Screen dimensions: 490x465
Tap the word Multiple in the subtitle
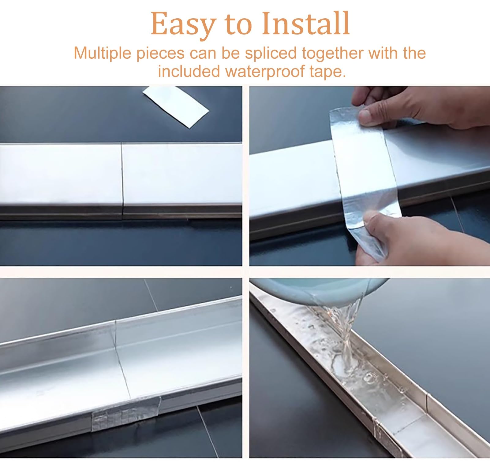103,53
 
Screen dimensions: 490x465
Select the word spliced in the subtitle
271,53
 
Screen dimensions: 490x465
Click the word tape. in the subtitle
328,72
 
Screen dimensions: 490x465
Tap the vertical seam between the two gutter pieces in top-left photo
122,180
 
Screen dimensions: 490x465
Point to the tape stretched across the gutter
366,180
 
